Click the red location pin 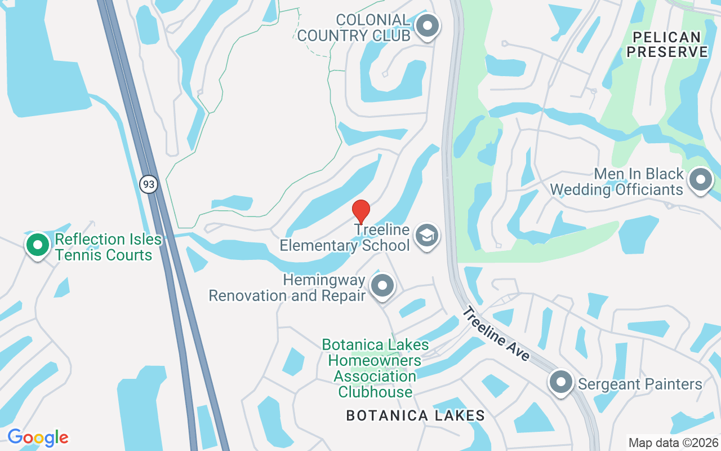360,211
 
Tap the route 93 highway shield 149,184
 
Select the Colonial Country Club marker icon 428,26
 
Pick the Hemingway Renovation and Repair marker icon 383,286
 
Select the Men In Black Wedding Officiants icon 701,180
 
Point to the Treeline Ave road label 497,334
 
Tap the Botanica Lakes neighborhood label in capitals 415,416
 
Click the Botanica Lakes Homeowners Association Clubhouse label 375,368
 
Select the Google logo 38,437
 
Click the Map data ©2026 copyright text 674,443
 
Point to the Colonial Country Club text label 354,28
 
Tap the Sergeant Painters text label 640,384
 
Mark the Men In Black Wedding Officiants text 617,182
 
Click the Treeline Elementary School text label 345,238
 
